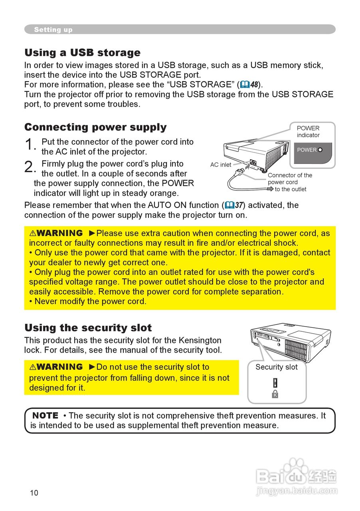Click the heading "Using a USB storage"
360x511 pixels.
click(x=82, y=53)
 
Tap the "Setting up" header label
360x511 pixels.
click(x=53, y=30)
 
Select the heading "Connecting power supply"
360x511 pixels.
click(x=95, y=127)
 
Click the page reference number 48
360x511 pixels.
click(x=254, y=85)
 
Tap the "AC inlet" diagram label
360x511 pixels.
click(x=221, y=164)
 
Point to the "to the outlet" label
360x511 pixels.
click(x=291, y=189)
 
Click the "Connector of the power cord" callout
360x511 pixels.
click(x=290, y=178)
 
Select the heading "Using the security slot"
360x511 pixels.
click(x=88, y=328)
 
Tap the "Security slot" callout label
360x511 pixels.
click(x=276, y=367)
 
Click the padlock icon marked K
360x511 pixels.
click(x=275, y=394)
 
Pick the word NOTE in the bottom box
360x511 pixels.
click(x=45, y=416)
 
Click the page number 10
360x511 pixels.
click(x=34, y=493)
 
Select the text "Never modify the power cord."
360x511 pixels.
click(x=90, y=301)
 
